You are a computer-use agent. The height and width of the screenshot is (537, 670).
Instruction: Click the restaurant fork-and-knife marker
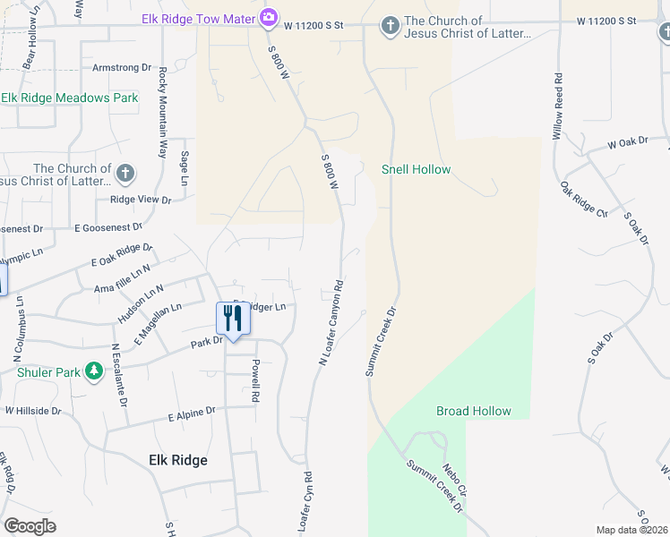233,319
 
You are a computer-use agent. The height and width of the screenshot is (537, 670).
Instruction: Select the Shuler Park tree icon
94,371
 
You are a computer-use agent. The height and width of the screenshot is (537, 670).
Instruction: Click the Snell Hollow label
416,169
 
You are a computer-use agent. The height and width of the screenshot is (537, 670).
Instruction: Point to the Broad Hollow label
474,411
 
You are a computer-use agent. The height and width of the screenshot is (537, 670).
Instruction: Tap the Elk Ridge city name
177,460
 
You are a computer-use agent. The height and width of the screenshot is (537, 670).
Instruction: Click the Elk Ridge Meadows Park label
70,98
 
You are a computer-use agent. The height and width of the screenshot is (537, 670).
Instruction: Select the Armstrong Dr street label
123,67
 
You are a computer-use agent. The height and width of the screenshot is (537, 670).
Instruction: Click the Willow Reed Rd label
558,105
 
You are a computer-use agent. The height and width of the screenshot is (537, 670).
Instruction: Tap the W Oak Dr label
627,143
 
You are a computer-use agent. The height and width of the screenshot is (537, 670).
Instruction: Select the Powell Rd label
255,380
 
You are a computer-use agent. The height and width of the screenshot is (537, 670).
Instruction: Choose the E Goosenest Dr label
108,228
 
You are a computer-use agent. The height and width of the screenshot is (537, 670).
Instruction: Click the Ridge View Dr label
140,200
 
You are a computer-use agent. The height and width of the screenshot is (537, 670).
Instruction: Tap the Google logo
30,526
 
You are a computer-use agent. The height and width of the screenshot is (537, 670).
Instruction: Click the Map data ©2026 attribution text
631,530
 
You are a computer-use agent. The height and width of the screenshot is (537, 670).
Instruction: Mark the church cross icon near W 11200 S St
390,27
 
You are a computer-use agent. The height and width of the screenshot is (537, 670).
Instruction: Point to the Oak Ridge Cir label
584,200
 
